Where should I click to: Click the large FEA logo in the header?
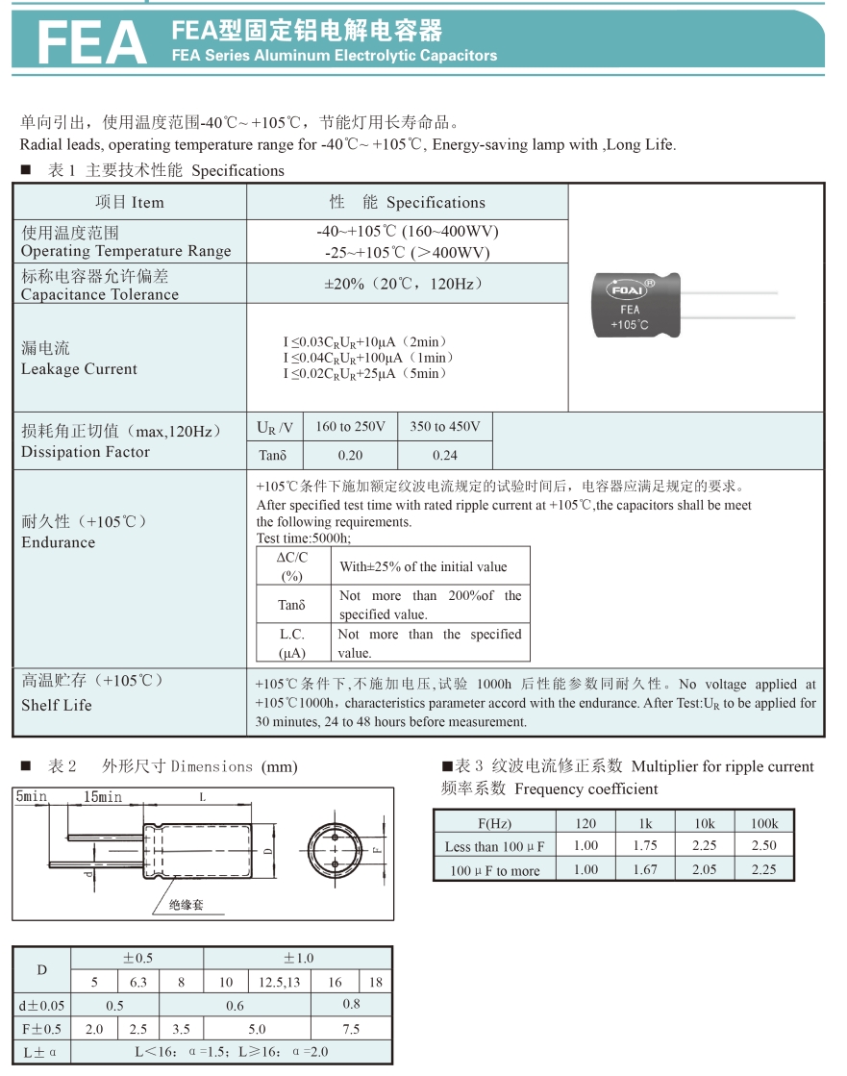90,42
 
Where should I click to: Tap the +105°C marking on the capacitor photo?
630,325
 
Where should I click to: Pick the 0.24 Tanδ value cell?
445,455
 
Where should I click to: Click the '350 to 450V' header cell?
445,426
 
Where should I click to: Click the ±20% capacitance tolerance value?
405,284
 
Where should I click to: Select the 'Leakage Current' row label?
79,369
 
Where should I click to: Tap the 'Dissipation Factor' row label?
86,452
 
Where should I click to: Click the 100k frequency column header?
764,823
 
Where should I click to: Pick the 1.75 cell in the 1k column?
645,845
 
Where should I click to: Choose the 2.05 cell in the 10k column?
705,869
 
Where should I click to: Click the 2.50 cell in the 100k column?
764,845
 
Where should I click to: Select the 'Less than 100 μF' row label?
494,847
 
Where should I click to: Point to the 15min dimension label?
103,797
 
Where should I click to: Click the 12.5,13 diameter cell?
280,982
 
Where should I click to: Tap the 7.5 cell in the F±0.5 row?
351,1028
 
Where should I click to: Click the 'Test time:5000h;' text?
304,538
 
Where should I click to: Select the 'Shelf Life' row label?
57,705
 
